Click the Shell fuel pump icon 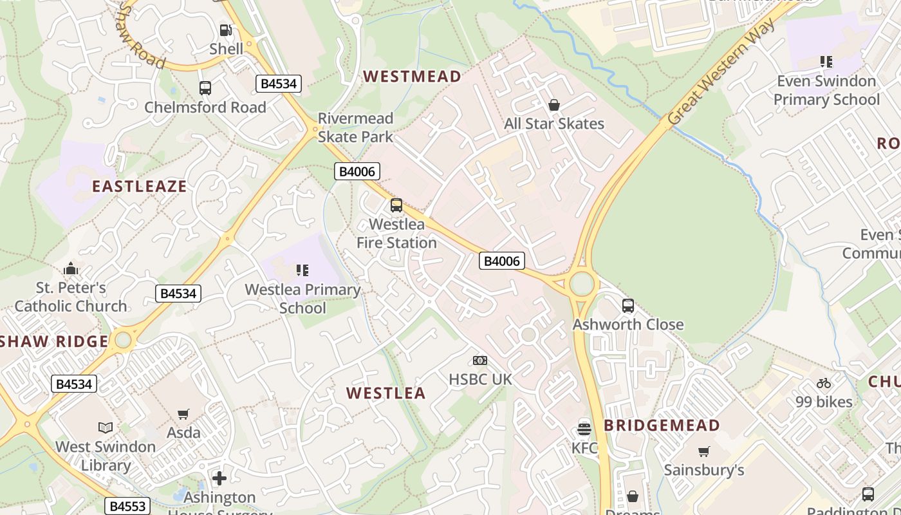click(x=225, y=30)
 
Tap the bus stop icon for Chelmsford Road click(x=205, y=88)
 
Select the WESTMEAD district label click(x=412, y=77)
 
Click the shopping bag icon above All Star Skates click(x=553, y=105)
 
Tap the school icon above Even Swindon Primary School click(x=826, y=62)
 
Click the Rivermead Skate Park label click(x=355, y=127)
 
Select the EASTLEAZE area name click(x=139, y=187)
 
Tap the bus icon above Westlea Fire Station click(x=396, y=205)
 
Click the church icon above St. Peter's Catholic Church click(x=71, y=268)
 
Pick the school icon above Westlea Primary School click(x=302, y=270)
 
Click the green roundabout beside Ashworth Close click(x=582, y=284)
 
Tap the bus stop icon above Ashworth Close click(x=627, y=306)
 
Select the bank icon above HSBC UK click(x=480, y=360)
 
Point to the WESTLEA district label click(x=385, y=393)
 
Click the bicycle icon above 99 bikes click(x=824, y=383)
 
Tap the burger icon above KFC click(x=584, y=429)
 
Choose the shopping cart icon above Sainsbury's click(x=704, y=451)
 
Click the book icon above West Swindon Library click(x=106, y=427)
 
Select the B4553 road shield click(x=127, y=506)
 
